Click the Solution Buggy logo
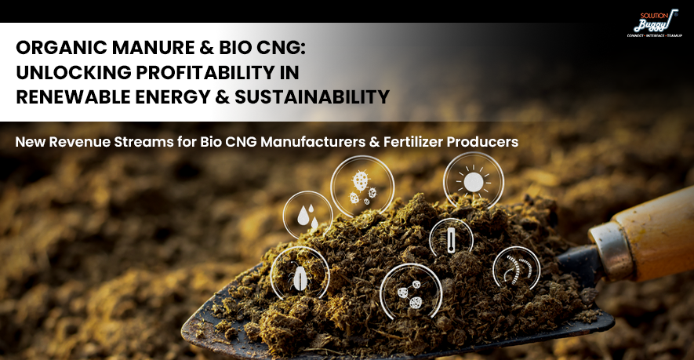point(655,24)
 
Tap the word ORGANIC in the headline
point(61,48)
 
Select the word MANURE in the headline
point(153,48)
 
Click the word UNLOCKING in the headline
point(74,73)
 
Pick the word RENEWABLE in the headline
point(73,97)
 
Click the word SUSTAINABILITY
point(312,97)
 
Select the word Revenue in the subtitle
point(80,142)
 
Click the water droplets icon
point(307,216)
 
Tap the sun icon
point(474,181)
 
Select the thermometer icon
point(451,239)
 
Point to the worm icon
point(516,268)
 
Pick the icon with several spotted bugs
point(362,187)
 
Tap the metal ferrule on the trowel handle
point(609,252)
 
